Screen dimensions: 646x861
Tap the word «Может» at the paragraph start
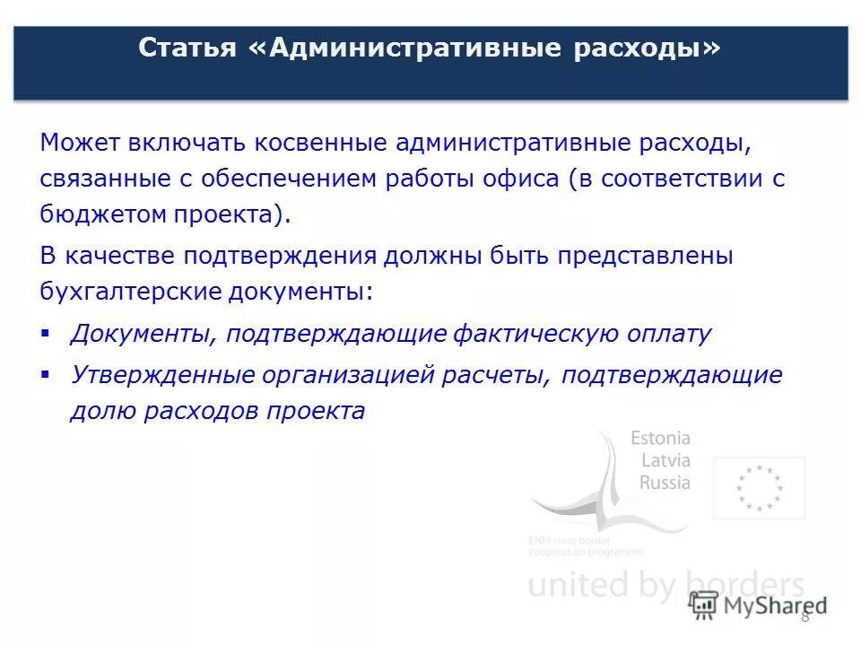(78, 144)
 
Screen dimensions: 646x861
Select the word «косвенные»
(317, 144)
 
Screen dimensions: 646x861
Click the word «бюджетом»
(97, 214)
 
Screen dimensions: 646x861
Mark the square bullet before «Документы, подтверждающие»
(45, 332)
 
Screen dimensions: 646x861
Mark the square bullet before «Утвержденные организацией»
(45, 372)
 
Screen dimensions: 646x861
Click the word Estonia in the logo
(660, 439)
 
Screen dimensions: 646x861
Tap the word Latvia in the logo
(665, 460)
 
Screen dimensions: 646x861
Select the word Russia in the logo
(665, 483)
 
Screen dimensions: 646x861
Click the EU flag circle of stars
(759, 488)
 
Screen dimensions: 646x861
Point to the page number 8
(804, 615)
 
